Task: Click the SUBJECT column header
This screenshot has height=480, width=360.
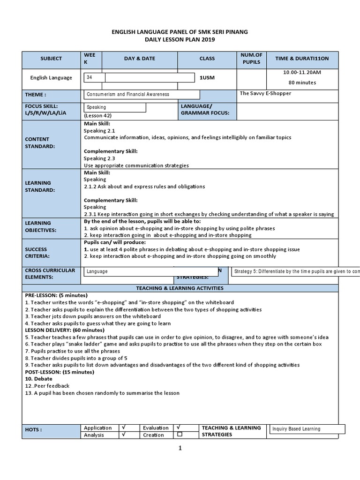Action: tap(51, 59)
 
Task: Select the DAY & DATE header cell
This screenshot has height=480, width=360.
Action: tap(139, 59)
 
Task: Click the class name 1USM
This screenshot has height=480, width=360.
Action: tap(207, 78)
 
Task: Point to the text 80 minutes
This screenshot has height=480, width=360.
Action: tap(302, 82)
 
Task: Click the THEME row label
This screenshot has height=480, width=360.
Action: tap(36, 95)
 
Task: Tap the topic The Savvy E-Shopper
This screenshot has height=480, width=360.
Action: tap(265, 93)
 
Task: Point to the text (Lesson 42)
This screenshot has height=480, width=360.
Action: tap(98, 115)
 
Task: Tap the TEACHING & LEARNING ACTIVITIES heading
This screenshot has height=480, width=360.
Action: tap(180, 288)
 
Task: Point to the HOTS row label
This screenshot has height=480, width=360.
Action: tap(34, 429)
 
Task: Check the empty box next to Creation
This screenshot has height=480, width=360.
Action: tap(180, 435)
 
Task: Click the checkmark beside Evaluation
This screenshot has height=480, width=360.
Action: tap(179, 427)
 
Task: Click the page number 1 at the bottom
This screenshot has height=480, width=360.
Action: tap(180, 448)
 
